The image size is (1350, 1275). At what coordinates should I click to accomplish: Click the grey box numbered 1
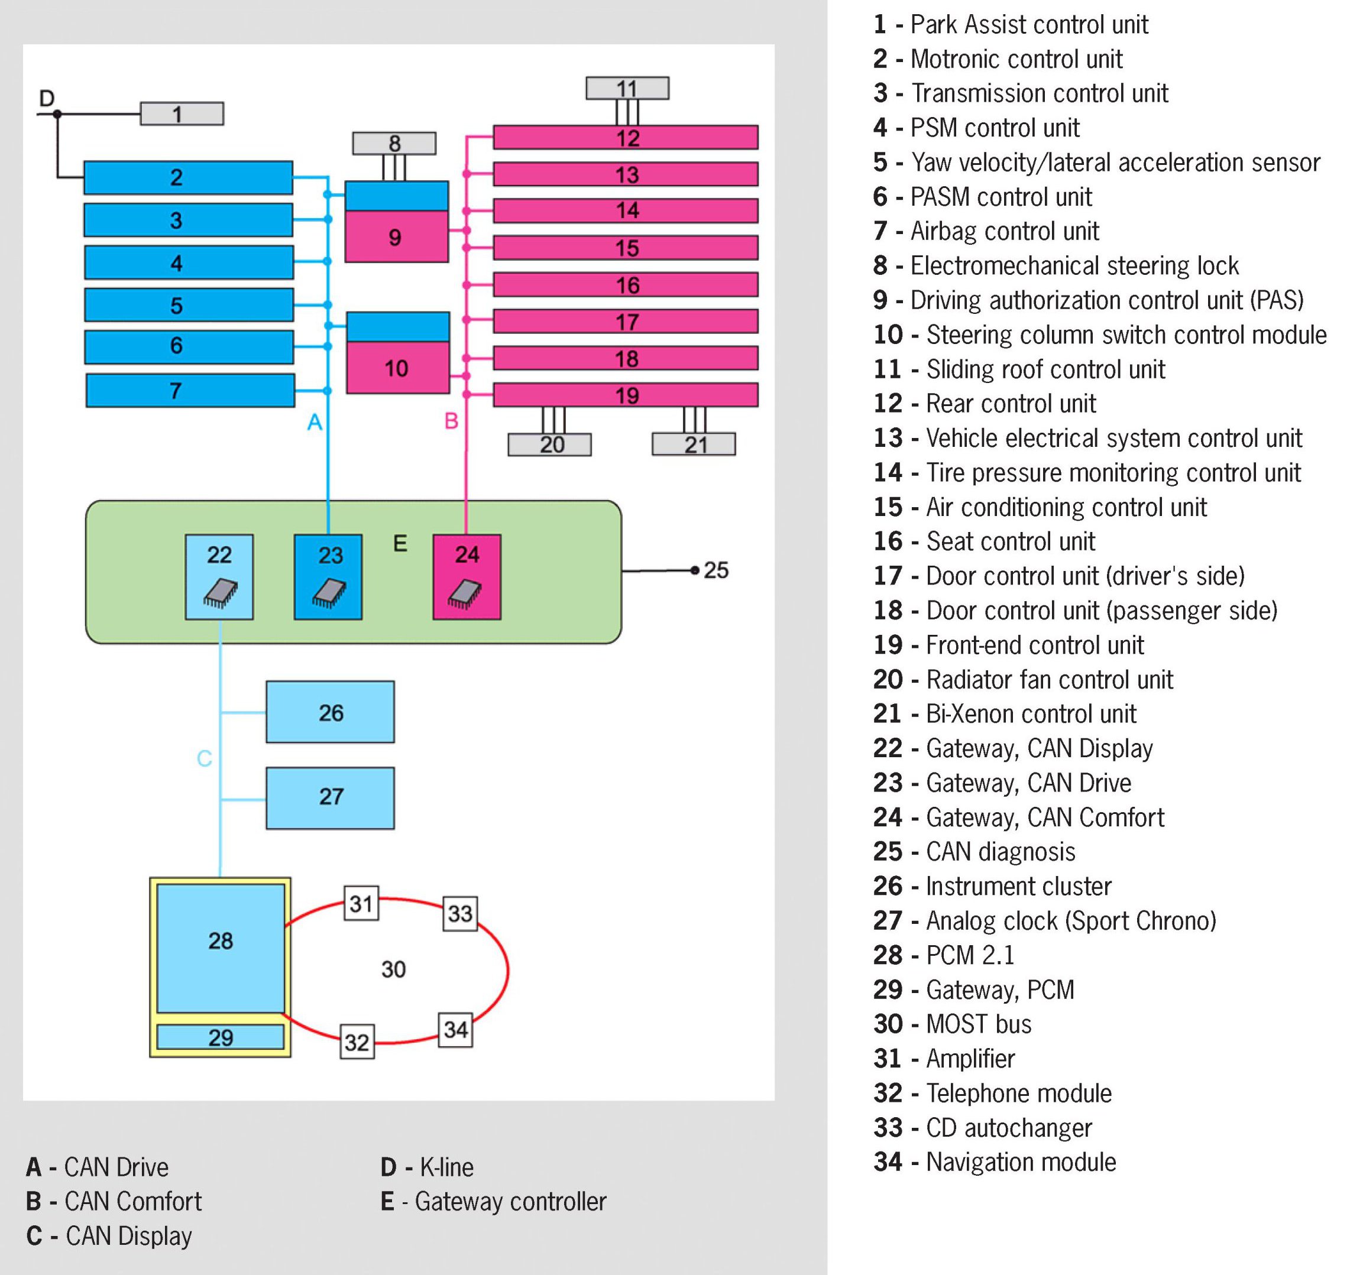pos(182,113)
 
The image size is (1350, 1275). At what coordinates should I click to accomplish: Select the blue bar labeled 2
pos(188,177)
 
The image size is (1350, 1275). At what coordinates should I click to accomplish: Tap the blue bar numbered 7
pos(190,390)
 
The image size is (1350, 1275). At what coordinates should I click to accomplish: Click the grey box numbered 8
pos(394,144)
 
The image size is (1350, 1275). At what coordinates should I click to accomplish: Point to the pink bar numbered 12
pos(626,137)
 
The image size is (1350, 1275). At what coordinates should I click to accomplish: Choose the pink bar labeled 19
pos(626,395)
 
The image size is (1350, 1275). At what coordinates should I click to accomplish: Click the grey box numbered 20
pos(549,445)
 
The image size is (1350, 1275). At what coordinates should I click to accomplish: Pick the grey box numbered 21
pos(694,445)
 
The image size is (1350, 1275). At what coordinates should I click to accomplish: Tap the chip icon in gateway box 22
pos(220,593)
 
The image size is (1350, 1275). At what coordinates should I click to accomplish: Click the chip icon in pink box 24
pos(465,593)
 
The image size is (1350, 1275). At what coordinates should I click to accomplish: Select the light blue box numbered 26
pos(331,712)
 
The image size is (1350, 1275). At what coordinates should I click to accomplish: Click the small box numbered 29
pos(220,1037)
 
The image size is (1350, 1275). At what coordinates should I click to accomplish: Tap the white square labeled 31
pos(361,903)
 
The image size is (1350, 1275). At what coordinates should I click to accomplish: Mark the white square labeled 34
pos(455,1030)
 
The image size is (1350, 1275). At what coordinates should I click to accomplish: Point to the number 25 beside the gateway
pos(716,570)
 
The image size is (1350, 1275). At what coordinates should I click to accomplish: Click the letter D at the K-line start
pos(46,99)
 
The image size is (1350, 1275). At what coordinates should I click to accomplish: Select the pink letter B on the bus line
pos(451,421)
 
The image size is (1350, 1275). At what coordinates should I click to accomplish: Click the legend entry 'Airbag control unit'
pos(1004,231)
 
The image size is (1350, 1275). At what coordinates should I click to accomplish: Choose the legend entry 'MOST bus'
pos(978,1024)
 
